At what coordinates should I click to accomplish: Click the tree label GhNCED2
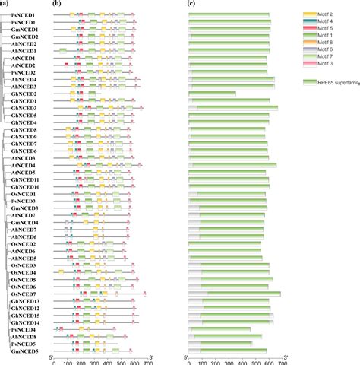(x=25, y=94)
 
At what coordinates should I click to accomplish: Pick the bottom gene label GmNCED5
(x=25, y=351)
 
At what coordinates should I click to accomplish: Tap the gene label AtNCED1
(x=25, y=58)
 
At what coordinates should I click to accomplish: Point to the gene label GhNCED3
(x=25, y=108)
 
